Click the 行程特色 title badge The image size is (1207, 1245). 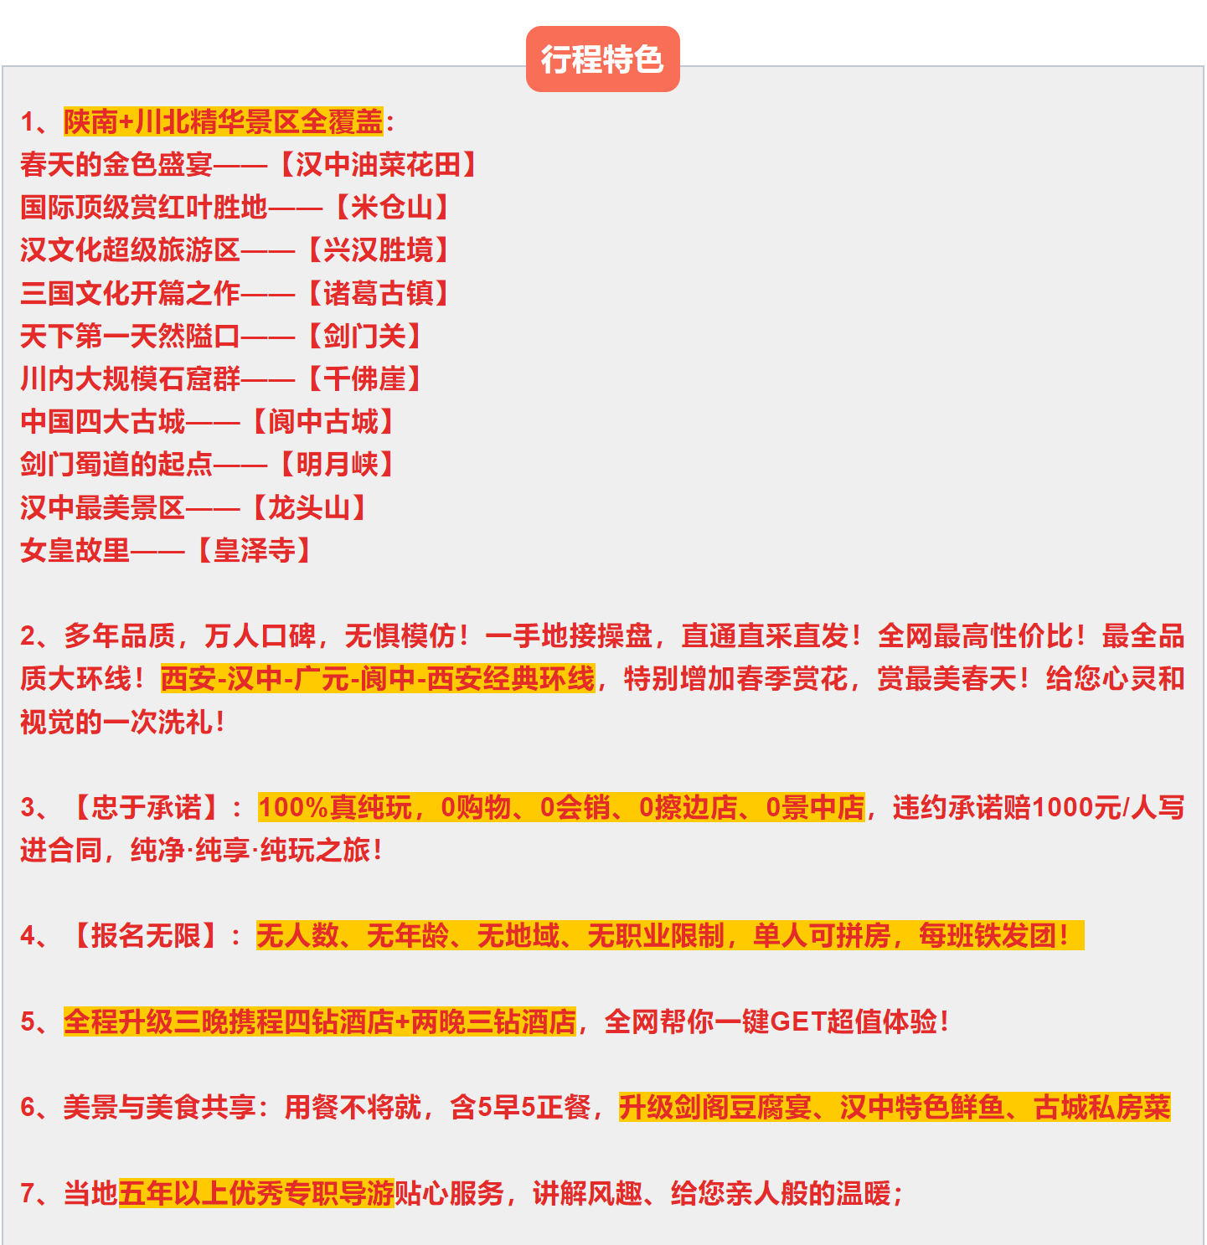click(x=602, y=59)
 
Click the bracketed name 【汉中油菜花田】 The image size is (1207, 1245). click(x=378, y=165)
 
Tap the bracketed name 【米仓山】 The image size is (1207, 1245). click(x=392, y=208)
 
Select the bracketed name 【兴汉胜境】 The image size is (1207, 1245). click(x=378, y=250)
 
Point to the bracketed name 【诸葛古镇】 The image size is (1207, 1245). click(x=378, y=294)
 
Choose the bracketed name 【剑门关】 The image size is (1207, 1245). click(x=364, y=337)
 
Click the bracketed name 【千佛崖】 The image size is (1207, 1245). click(x=364, y=379)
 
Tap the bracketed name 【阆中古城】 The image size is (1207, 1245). click(x=323, y=422)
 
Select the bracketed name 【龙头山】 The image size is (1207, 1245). click(x=309, y=507)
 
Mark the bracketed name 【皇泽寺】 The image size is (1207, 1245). click(x=255, y=551)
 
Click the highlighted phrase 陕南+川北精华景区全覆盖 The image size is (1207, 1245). click(x=223, y=122)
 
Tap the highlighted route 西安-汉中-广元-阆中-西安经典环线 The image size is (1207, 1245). click(x=378, y=679)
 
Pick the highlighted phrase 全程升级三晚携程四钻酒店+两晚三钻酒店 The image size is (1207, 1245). click(x=320, y=1022)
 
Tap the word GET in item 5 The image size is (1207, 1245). click(x=797, y=1022)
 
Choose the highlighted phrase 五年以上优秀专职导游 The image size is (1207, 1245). click(x=256, y=1193)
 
